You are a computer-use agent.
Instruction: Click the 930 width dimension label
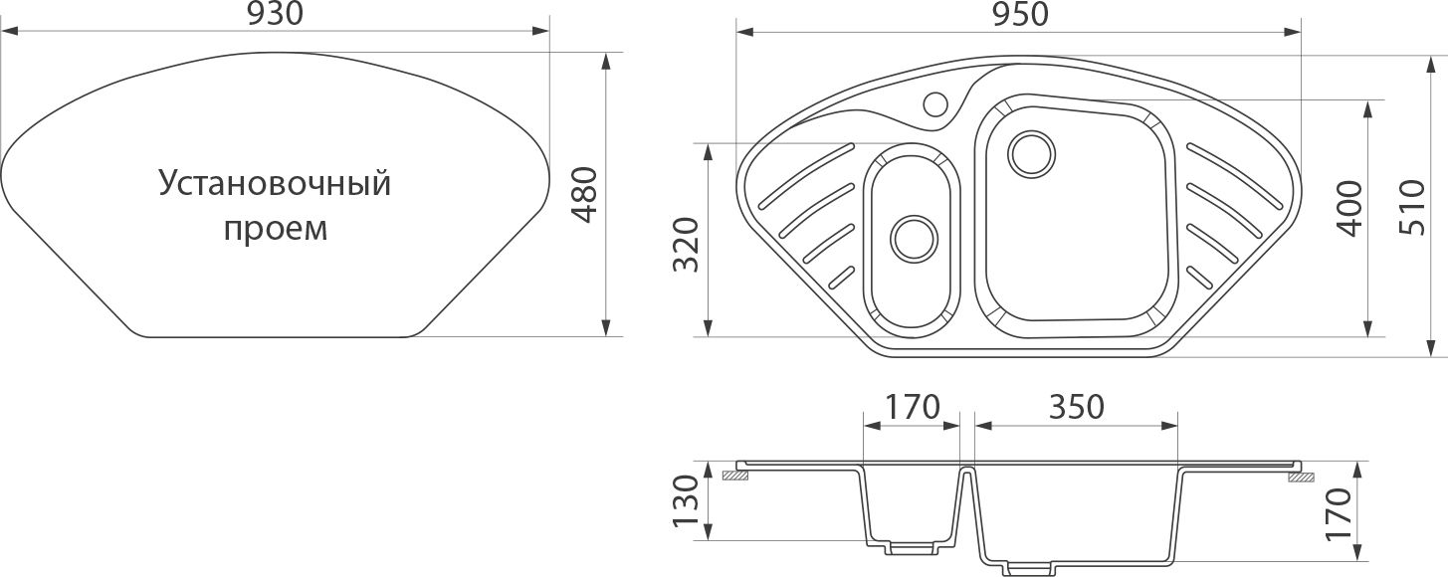[275, 14]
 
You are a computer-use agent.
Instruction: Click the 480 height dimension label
[585, 194]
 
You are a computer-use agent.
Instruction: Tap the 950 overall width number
[1020, 14]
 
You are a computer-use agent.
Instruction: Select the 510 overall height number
[1410, 207]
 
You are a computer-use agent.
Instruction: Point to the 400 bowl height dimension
[1348, 208]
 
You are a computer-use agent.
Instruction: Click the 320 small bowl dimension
[687, 245]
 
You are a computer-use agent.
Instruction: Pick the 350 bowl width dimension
[1077, 407]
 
